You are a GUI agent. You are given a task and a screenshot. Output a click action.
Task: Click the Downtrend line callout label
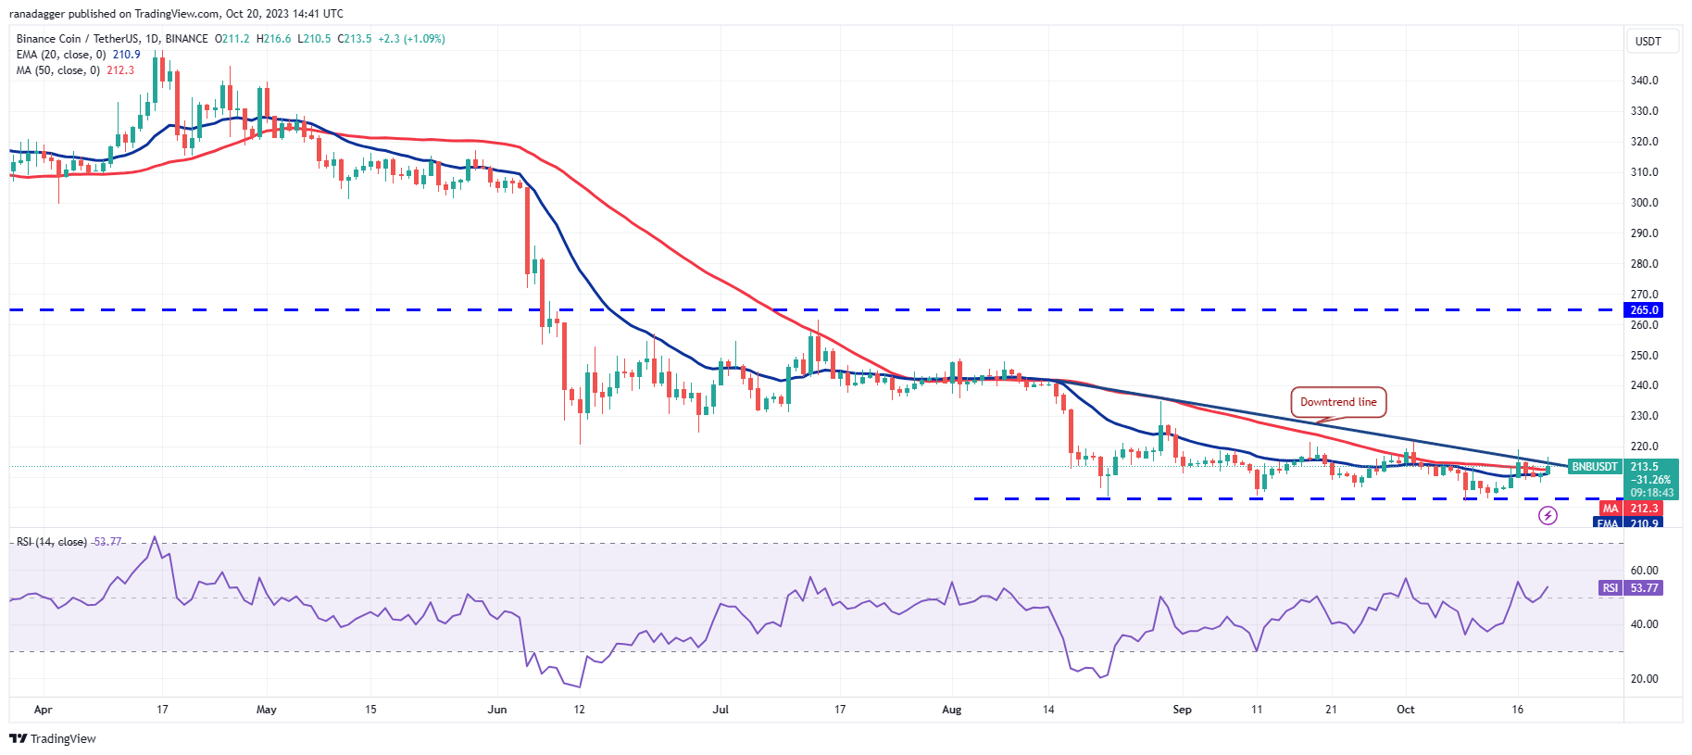[x=1337, y=402]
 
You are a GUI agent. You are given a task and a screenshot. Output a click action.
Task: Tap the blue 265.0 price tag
[x=1644, y=310]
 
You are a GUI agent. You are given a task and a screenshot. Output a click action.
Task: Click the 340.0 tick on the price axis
[x=1644, y=81]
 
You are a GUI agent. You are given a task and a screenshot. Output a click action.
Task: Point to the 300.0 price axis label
[x=1644, y=203]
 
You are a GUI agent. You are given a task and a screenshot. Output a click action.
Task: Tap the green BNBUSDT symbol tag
[x=1595, y=467]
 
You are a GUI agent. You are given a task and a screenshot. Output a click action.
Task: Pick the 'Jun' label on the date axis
[x=497, y=710]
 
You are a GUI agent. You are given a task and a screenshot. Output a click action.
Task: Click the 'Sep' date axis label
[x=1182, y=710]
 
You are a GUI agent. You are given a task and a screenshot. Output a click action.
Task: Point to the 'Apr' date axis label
[x=43, y=710]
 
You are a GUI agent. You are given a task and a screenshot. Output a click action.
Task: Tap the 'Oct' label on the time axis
[x=1405, y=710]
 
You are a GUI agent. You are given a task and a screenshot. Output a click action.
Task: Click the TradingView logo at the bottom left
[x=53, y=738]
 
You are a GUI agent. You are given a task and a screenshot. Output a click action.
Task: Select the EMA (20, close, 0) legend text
[x=61, y=55]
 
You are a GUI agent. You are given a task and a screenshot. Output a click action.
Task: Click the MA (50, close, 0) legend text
[x=57, y=70]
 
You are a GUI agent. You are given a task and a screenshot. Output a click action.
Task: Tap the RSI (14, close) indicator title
[x=52, y=542]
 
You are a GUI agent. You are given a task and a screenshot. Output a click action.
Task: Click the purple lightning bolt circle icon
[x=1548, y=515]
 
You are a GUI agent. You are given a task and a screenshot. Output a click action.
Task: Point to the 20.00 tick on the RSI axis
[x=1644, y=679]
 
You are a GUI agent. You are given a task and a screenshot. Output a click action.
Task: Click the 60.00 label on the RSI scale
[x=1644, y=571]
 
